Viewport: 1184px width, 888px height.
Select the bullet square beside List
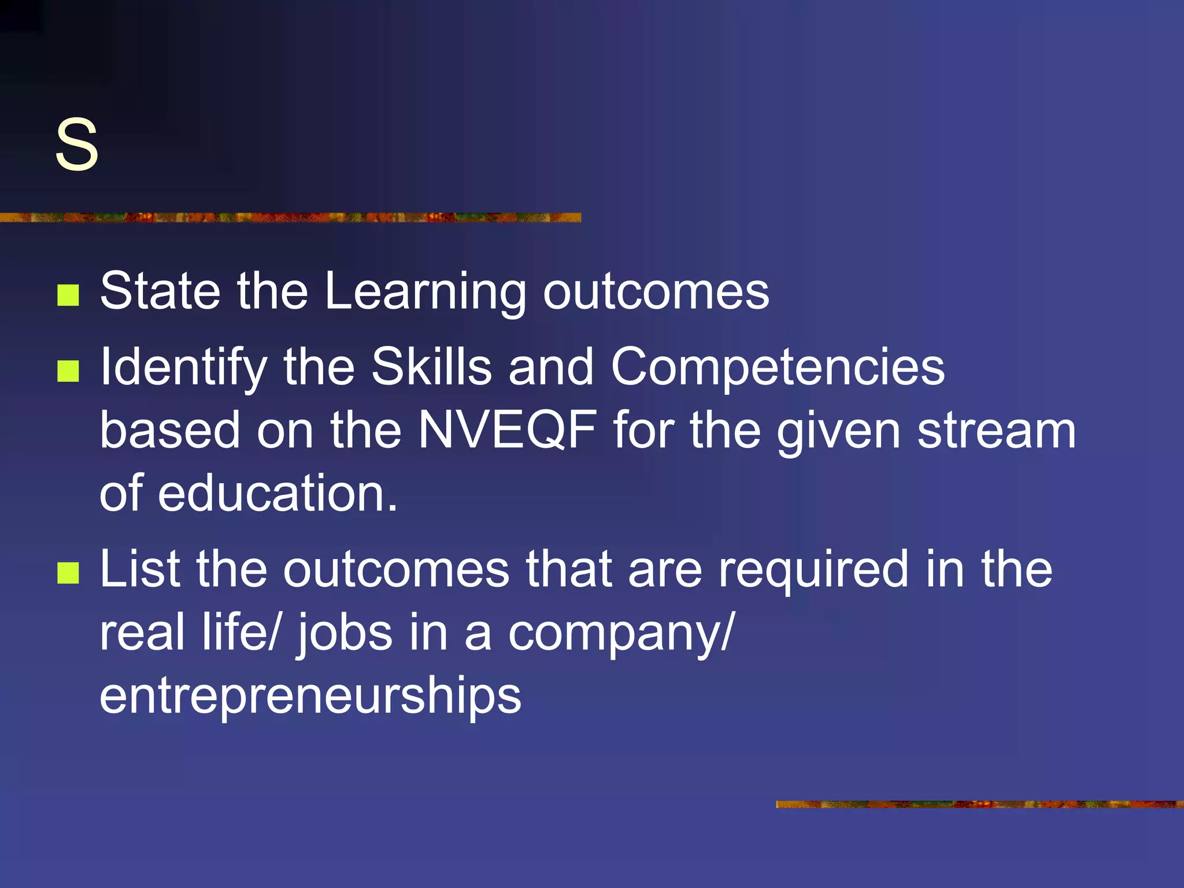click(68, 573)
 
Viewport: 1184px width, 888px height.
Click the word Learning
click(425, 292)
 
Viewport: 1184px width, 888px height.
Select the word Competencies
click(778, 368)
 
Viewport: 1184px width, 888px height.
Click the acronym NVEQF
click(508, 431)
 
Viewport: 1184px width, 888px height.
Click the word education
click(277, 493)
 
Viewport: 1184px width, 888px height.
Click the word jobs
click(345, 634)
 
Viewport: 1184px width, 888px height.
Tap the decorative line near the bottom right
click(979, 804)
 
